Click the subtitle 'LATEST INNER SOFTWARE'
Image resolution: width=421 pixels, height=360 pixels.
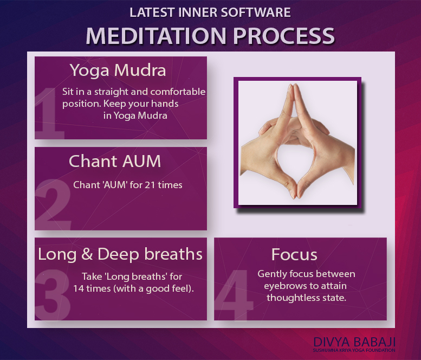[210, 11]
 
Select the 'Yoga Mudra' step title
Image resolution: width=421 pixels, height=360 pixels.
[118, 70]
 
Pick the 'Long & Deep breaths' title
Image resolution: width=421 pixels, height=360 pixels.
[120, 254]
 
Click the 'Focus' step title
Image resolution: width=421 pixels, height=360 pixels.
[294, 254]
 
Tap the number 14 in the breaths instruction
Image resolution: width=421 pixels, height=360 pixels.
[79, 288]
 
